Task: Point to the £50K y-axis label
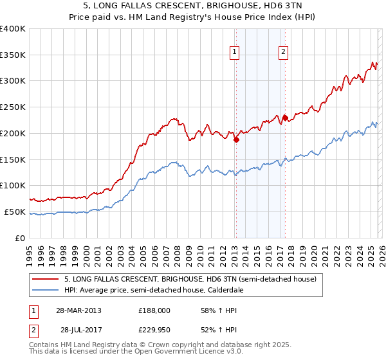(15, 212)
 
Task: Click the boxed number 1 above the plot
(234, 53)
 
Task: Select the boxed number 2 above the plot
(283, 53)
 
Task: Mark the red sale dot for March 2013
(236, 139)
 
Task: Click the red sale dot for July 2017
(285, 118)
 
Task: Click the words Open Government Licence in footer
(190, 352)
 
